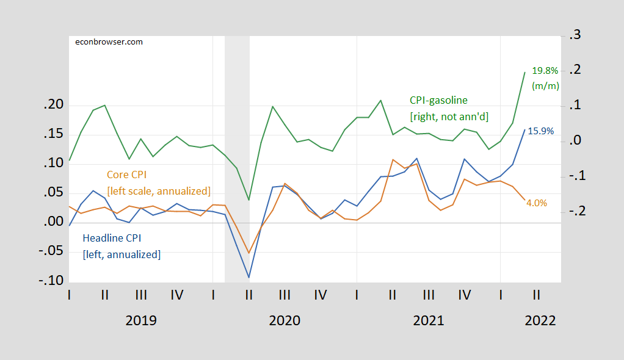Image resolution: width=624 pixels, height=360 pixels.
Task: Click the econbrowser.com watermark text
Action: tap(108, 41)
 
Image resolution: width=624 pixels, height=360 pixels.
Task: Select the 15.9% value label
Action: tap(541, 131)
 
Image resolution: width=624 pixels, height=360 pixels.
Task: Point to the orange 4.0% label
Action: tap(537, 203)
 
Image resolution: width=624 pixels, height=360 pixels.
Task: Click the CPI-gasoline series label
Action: tap(438, 100)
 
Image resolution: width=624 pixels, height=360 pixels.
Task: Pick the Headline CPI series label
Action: tap(115, 239)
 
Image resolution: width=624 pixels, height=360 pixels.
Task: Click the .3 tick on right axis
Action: tap(575, 35)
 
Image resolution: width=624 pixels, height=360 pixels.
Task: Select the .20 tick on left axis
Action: tap(54, 105)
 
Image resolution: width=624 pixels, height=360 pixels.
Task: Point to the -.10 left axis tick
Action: tap(52, 281)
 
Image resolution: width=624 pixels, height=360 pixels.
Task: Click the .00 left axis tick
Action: tap(54, 222)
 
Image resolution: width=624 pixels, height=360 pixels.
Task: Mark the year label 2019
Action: tap(140, 320)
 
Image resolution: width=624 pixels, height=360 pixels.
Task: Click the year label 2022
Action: tap(540, 320)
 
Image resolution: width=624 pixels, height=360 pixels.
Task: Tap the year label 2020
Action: tap(285, 320)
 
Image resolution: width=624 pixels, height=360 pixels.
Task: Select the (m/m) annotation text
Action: tap(545, 86)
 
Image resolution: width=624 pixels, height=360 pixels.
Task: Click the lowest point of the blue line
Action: tap(249, 277)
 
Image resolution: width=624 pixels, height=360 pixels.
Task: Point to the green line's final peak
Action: tap(524, 72)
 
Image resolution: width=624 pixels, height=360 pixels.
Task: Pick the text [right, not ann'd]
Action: tap(449, 116)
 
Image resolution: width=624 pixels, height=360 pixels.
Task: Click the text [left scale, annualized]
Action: tap(159, 190)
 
